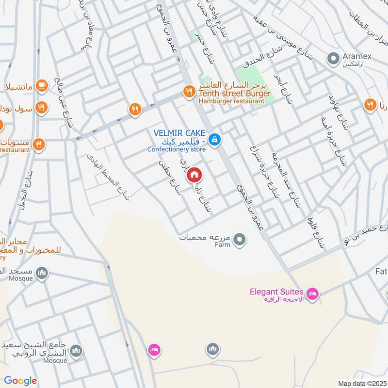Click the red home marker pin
(194, 174)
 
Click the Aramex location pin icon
(333, 59)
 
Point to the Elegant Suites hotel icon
(312, 293)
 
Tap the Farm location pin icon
(239, 239)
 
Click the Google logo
(20, 381)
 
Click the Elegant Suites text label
(276, 292)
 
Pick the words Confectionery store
(177, 149)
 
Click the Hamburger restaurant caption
(232, 101)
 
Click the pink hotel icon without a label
(154, 349)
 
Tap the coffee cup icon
(42, 85)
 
